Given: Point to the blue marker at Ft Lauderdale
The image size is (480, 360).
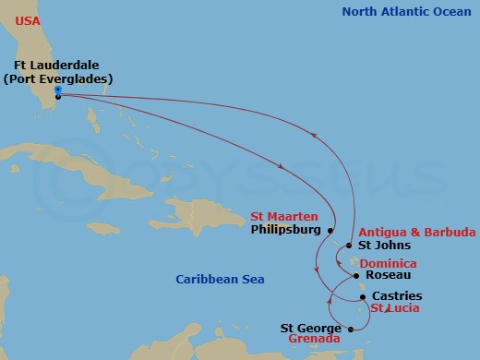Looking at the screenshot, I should click(57, 90).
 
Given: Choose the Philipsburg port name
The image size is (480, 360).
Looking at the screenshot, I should click(285, 229).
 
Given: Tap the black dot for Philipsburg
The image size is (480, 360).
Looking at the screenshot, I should click(330, 230).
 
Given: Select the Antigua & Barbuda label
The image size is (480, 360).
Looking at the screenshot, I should click(417, 232).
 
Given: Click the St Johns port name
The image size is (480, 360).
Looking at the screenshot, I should click(385, 246).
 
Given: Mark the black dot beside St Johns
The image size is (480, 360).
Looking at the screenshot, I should click(349, 246).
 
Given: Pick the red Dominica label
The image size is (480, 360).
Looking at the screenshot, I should click(388, 263).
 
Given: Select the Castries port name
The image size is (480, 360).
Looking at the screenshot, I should click(397, 296).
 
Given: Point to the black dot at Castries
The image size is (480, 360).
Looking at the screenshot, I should click(363, 296).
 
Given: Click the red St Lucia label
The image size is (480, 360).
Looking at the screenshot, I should click(397, 307).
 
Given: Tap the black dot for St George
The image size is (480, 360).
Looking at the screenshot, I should click(349, 328).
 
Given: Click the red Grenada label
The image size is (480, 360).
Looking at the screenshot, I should click(314, 339).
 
